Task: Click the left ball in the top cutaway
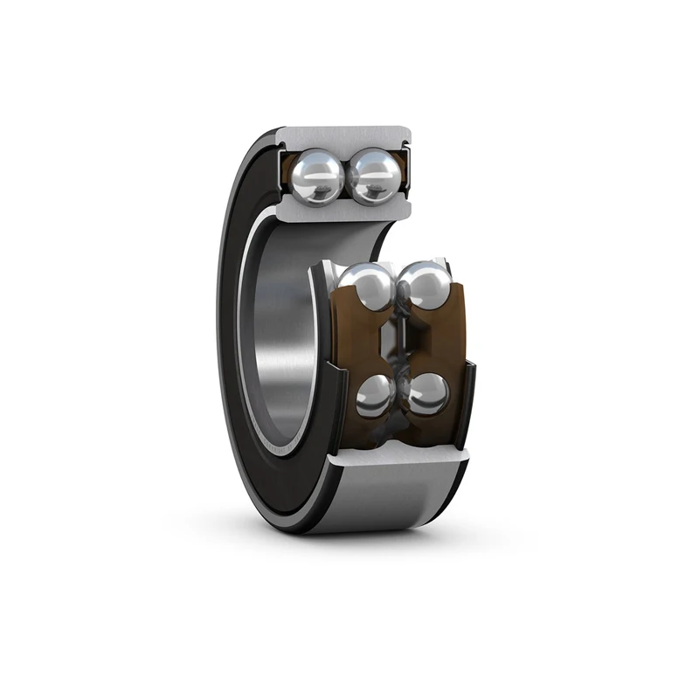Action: pos(316,176)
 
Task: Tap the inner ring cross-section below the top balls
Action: pos(345,210)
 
